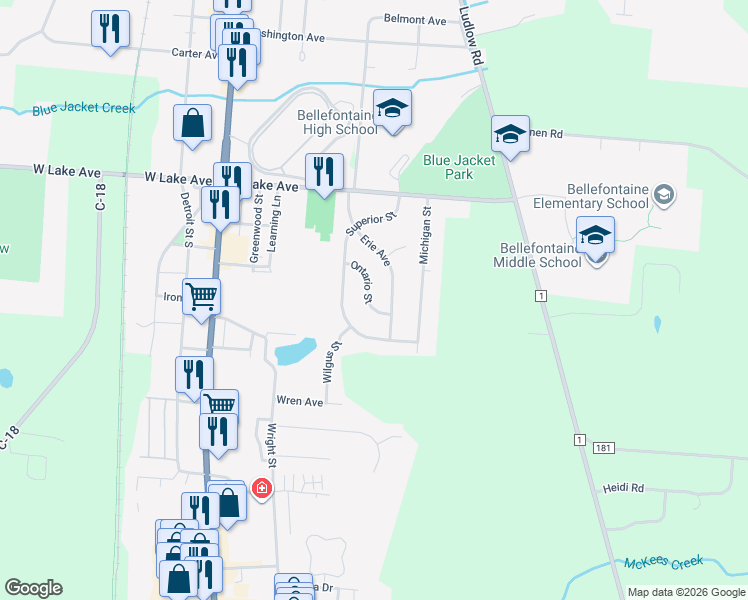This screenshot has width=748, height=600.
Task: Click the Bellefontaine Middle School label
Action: click(537, 255)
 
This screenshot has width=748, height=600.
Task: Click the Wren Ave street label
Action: click(300, 401)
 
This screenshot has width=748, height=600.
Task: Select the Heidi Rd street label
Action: click(622, 488)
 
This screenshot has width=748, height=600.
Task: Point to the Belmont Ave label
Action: click(415, 20)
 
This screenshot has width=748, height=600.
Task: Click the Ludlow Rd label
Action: click(470, 35)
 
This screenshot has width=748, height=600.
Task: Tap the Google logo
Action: click(33, 588)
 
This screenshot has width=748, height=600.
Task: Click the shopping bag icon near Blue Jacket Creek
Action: click(192, 124)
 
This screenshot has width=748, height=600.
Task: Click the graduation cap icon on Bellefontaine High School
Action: click(393, 109)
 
